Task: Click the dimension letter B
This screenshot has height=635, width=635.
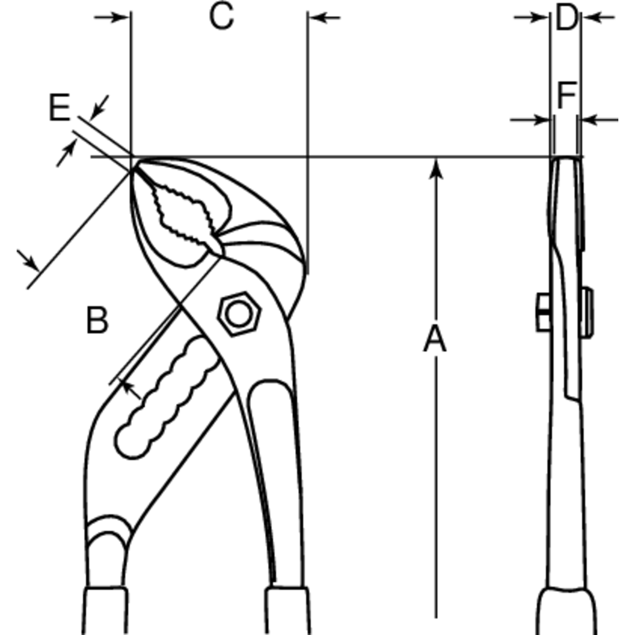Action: click(x=97, y=320)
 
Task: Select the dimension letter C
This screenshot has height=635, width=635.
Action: click(x=221, y=17)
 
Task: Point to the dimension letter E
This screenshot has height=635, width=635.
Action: click(x=60, y=107)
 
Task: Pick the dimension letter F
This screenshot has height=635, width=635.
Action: click(x=566, y=95)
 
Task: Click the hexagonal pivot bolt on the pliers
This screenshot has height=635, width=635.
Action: click(x=239, y=314)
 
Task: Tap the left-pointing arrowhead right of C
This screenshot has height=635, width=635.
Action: click(x=319, y=17)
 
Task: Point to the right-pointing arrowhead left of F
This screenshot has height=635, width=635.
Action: click(x=541, y=119)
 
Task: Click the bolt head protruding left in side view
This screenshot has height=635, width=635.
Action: click(x=544, y=313)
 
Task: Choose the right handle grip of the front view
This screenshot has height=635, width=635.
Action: click(x=288, y=611)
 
